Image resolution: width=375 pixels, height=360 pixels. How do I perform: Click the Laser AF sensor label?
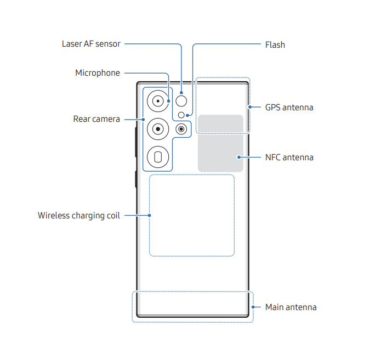tap(91, 44)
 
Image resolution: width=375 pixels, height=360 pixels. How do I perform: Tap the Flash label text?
tap(275, 44)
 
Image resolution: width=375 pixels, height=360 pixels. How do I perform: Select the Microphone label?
tap(98, 73)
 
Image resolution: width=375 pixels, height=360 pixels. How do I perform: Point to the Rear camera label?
tap(96, 119)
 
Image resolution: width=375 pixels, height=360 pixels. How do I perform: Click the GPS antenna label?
tap(289, 108)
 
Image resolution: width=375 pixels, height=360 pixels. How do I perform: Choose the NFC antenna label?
tap(289, 157)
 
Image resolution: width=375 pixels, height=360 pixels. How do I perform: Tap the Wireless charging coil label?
tap(78, 215)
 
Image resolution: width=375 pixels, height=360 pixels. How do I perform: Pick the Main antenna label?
tap(291, 307)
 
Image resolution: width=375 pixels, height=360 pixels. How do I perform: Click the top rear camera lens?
tap(158, 101)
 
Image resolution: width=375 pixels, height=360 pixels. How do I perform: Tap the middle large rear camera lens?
tap(158, 129)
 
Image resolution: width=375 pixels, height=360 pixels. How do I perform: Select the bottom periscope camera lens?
tap(158, 157)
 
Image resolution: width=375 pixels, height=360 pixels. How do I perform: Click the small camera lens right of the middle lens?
tap(181, 129)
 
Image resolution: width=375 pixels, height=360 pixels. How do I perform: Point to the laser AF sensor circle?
tap(181, 101)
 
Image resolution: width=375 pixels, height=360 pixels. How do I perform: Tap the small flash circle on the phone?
tap(181, 115)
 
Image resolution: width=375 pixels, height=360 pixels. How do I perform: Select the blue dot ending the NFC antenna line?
tap(240, 157)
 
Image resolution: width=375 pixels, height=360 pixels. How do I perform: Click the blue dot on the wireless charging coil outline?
tap(150, 215)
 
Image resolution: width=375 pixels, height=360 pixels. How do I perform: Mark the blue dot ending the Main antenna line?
tap(253, 307)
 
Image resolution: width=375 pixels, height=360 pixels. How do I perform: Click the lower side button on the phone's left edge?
tap(135, 179)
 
